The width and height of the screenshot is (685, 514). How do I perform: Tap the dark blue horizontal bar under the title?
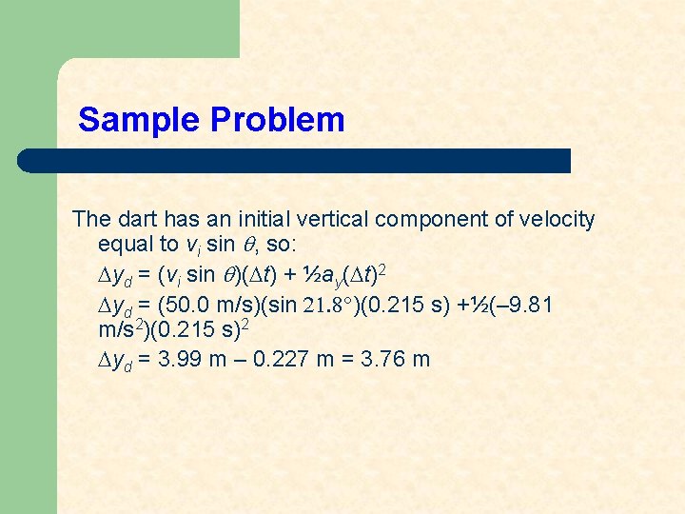point(295,160)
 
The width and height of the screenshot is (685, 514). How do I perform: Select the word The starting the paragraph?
point(90,220)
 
